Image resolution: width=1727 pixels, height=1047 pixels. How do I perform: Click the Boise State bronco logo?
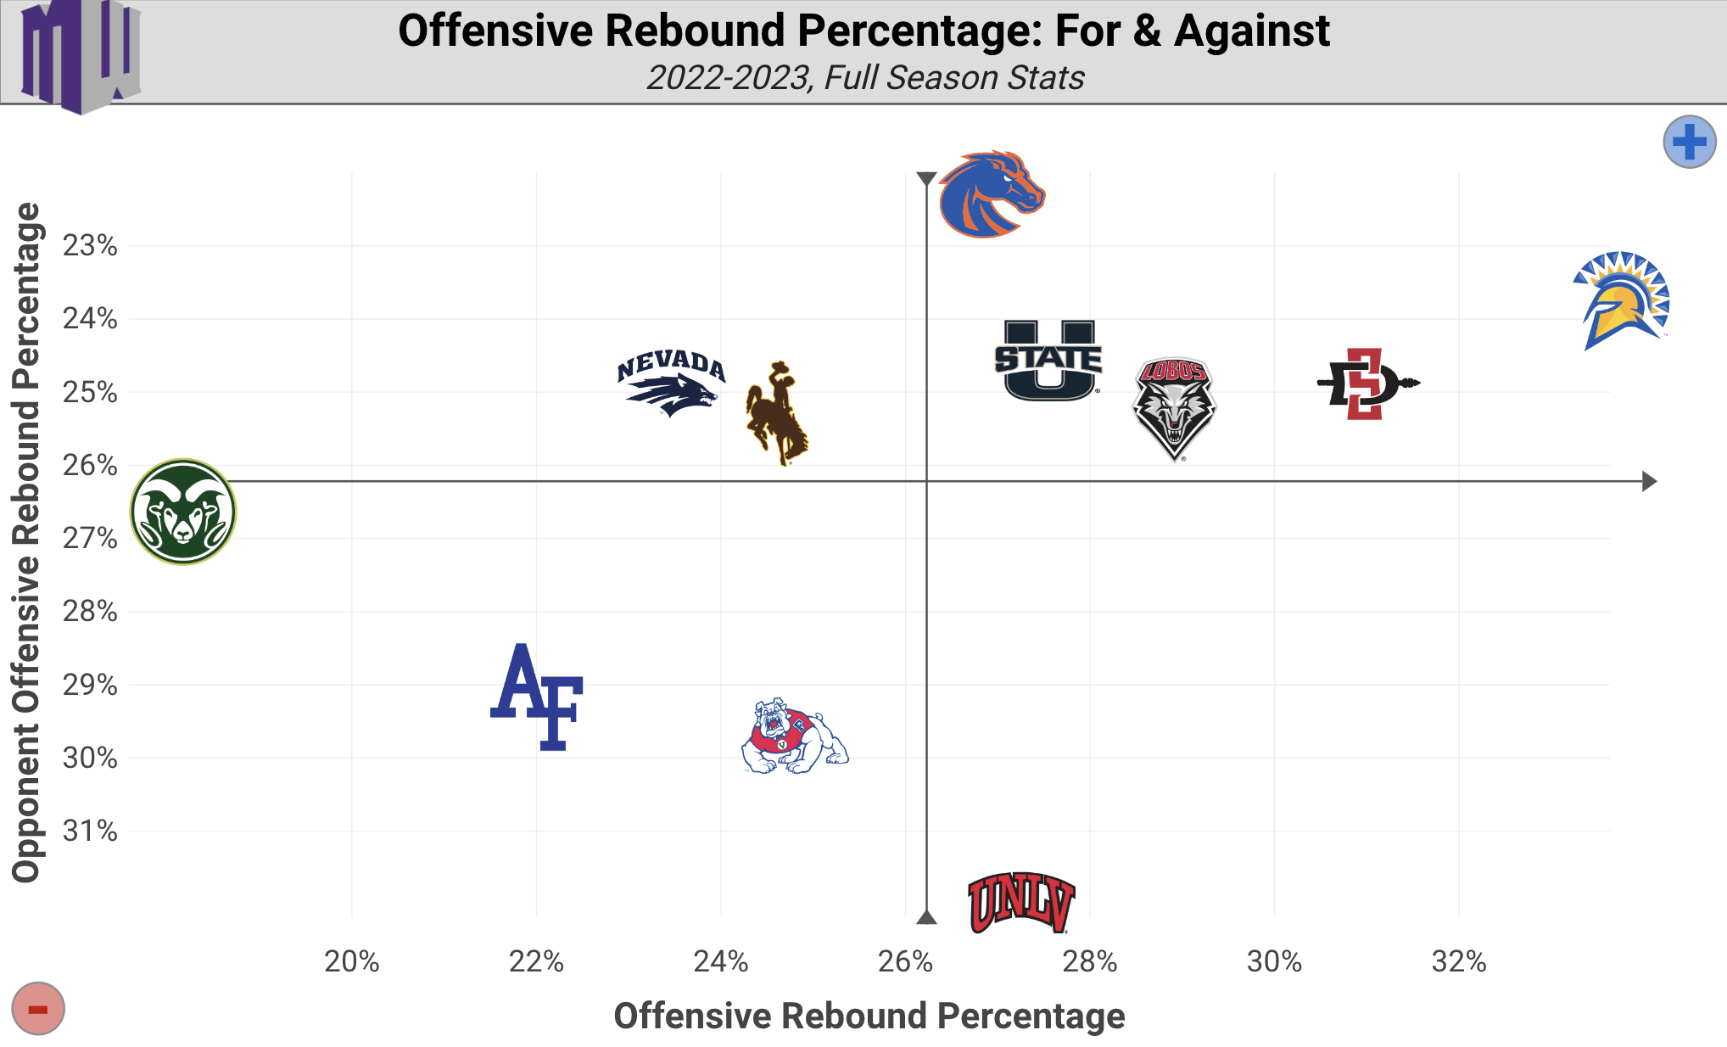(x=991, y=194)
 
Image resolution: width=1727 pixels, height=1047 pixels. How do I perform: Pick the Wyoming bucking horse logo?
(x=776, y=413)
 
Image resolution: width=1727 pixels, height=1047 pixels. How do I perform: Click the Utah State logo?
(x=1048, y=360)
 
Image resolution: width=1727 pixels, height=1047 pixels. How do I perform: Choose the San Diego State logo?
(x=1367, y=384)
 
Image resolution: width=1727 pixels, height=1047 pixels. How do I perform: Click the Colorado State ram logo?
(x=183, y=512)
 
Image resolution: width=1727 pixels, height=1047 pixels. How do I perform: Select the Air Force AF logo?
(x=538, y=697)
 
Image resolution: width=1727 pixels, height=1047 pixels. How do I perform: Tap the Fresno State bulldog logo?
(x=794, y=736)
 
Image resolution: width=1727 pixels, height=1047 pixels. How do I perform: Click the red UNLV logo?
(x=1021, y=903)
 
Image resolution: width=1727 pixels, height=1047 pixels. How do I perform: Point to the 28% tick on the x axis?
(x=1090, y=961)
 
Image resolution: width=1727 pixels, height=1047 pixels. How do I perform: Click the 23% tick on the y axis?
(x=90, y=246)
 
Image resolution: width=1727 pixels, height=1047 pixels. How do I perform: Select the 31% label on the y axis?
(x=90, y=831)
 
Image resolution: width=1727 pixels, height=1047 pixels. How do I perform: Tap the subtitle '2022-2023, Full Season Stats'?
(x=865, y=78)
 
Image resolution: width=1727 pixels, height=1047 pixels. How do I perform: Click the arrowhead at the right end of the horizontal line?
(x=1649, y=481)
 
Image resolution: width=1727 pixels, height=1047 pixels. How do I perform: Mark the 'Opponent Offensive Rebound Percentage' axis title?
(x=27, y=543)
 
